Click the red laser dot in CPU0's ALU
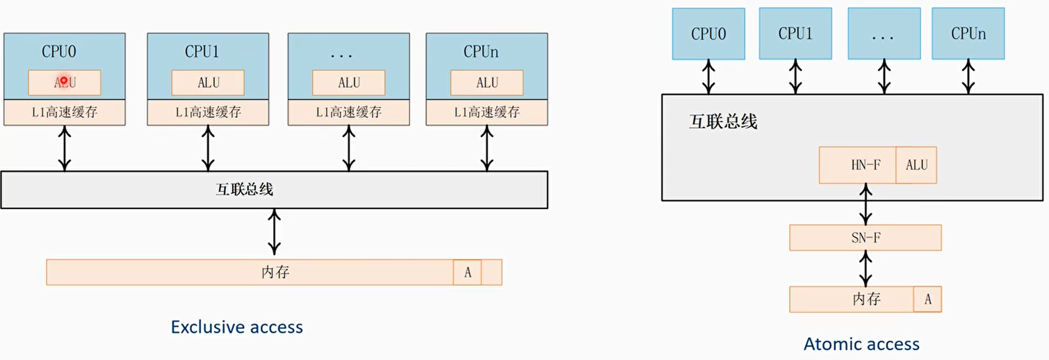tap(64, 81)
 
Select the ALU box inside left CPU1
tap(208, 83)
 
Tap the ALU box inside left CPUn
tap(487, 83)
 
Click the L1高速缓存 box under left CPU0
tap(65, 113)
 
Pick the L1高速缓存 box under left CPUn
tap(487, 113)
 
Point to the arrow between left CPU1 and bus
tap(208, 148)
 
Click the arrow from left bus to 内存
tap(275, 234)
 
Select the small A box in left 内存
tap(468, 272)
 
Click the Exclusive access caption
tap(237, 327)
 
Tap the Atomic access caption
tap(861, 344)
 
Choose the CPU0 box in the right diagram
tap(708, 34)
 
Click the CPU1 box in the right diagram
tap(795, 33)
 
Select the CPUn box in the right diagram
tap(968, 33)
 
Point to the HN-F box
tap(858, 165)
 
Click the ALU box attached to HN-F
tap(916, 165)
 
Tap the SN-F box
tap(865, 238)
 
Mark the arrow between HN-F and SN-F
tap(865, 204)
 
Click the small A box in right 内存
tap(927, 300)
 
